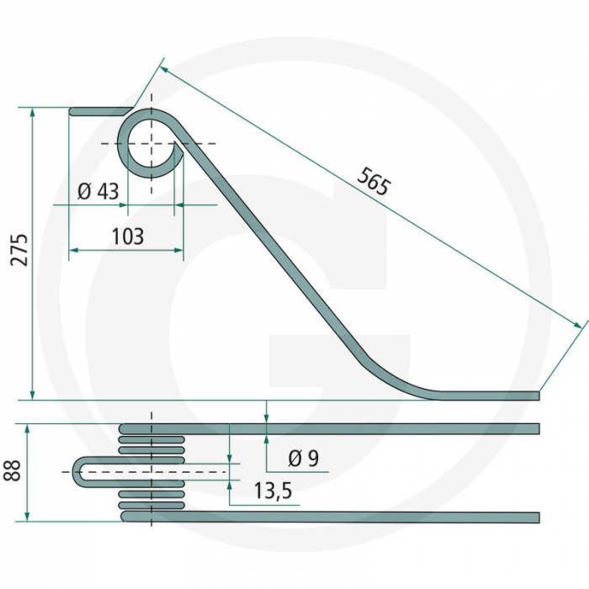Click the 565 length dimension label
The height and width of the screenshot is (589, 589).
pyautogui.click(x=374, y=181)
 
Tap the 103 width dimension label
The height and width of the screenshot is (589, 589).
pyautogui.click(x=127, y=236)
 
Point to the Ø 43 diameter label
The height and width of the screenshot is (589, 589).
pyautogui.click(x=98, y=191)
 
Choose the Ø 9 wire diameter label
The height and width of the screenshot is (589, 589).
pyautogui.click(x=303, y=459)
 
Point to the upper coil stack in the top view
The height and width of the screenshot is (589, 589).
pyautogui.click(x=151, y=438)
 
